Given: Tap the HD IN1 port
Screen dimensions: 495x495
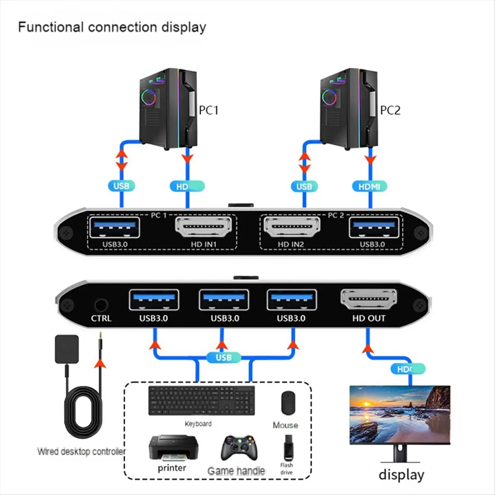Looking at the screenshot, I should point(204,227).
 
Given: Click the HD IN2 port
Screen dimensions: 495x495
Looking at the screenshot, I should point(291,227).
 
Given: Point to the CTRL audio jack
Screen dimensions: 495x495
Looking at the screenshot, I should point(101,306).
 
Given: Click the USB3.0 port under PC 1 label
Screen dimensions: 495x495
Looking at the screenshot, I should point(115,227).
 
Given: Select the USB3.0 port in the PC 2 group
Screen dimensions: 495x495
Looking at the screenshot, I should point(374,227).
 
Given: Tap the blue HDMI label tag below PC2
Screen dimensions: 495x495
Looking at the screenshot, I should point(369,186).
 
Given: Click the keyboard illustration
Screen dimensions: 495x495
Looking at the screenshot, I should point(201,401).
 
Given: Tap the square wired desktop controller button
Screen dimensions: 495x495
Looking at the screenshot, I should point(66,349).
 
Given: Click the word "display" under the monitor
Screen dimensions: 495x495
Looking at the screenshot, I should point(401,475).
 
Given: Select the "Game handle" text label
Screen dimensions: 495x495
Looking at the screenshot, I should point(236,471).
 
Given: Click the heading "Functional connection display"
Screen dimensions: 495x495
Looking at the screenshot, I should point(112,27).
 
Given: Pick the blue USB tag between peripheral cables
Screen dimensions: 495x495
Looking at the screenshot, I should point(223,358).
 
